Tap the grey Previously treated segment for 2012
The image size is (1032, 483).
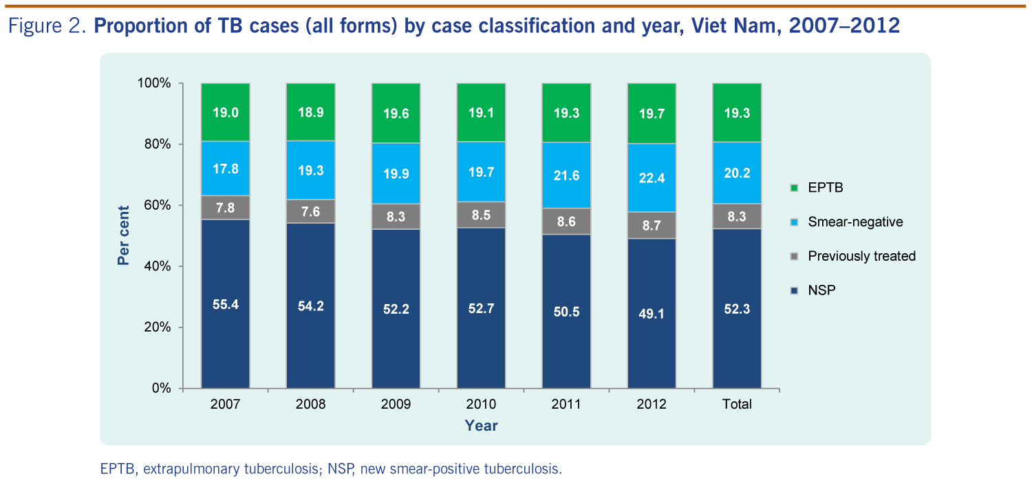pyautogui.click(x=651, y=225)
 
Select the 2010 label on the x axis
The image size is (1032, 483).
pyautogui.click(x=480, y=404)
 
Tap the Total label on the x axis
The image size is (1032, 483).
pyautogui.click(x=736, y=404)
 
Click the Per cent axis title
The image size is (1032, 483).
pyautogui.click(x=123, y=235)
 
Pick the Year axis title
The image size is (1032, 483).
pyautogui.click(x=480, y=426)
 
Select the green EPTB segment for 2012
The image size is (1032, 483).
pyautogui.click(x=651, y=113)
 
